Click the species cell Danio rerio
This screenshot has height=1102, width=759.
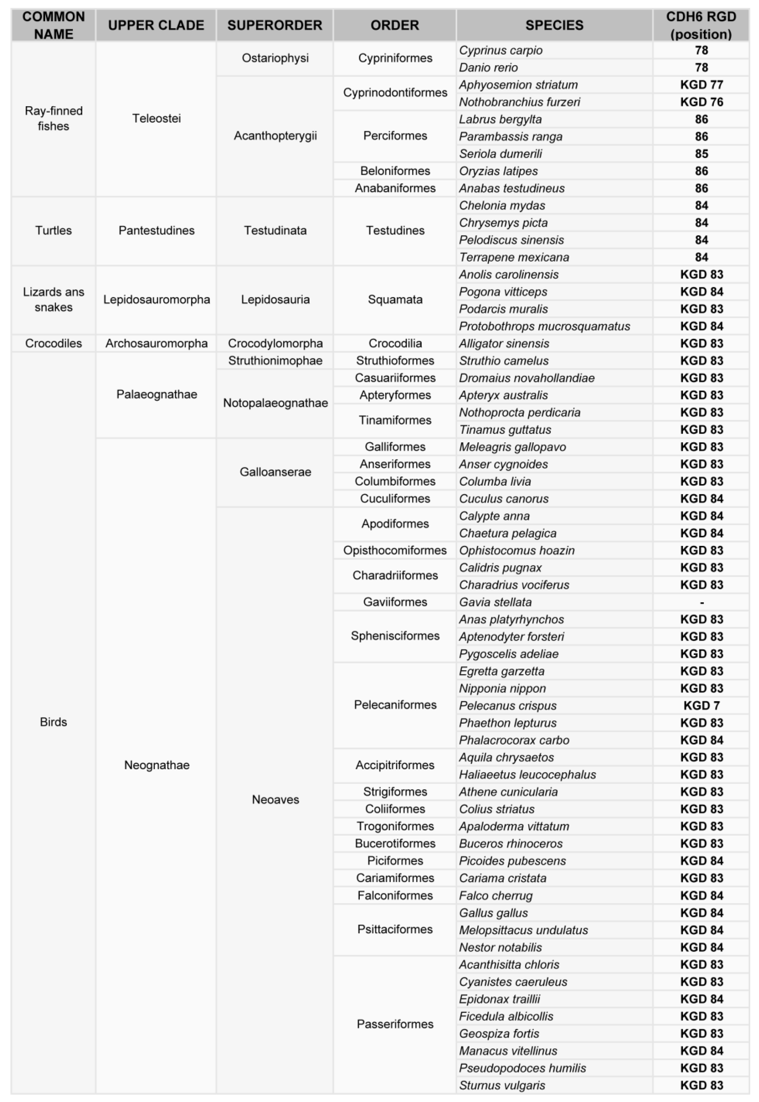click(488, 68)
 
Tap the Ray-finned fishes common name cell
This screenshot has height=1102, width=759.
click(53, 118)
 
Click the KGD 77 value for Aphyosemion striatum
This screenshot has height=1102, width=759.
click(701, 85)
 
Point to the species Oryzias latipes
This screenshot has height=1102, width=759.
click(499, 171)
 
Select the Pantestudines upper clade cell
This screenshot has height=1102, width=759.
click(156, 231)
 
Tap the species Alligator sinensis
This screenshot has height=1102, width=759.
click(504, 343)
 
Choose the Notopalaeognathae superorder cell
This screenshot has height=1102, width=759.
click(275, 403)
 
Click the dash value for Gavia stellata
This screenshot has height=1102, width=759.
click(701, 602)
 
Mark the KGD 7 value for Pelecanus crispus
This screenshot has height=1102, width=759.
click(701, 706)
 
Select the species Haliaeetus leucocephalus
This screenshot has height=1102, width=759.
click(527, 775)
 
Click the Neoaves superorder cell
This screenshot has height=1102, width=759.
click(275, 800)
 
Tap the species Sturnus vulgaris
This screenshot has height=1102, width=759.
click(502, 1085)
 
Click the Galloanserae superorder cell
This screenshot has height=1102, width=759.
click(275, 472)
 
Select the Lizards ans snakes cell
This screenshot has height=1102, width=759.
click(53, 300)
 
